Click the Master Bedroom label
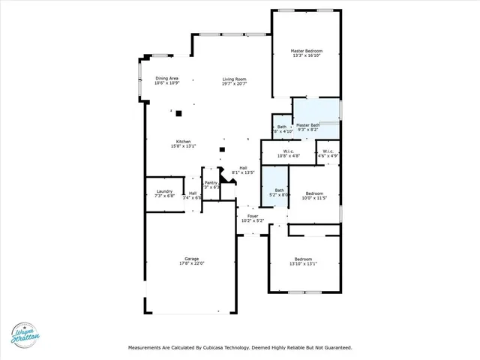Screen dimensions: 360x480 pyautogui.click(x=307, y=51)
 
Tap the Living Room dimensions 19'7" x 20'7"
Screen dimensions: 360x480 pyautogui.click(x=234, y=84)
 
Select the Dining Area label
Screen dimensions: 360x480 pyautogui.click(x=166, y=78)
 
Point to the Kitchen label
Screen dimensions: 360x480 pyautogui.click(x=183, y=142)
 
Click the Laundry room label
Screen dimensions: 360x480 pyautogui.click(x=164, y=191)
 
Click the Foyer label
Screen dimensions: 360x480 pyautogui.click(x=253, y=216)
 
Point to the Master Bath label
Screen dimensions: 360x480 pyautogui.click(x=307, y=124)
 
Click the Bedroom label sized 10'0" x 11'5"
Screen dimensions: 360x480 pyautogui.click(x=314, y=193)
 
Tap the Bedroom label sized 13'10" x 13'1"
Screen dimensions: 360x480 pyautogui.click(x=304, y=259)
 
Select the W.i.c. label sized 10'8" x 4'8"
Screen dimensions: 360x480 pyautogui.click(x=288, y=151)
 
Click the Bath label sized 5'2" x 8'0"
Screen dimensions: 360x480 pyautogui.click(x=279, y=190)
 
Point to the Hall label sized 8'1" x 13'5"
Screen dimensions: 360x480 pyautogui.click(x=243, y=167)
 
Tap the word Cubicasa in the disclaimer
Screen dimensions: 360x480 pyautogui.click(x=226, y=348)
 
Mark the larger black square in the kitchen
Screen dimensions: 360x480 pyautogui.click(x=178, y=113)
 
